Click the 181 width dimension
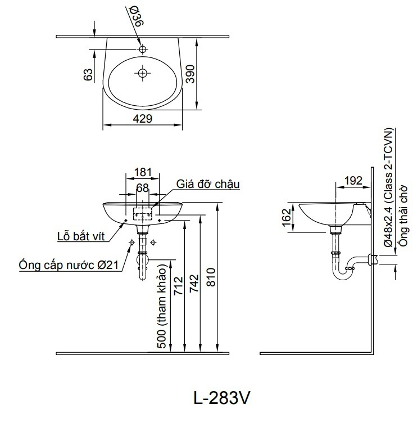click(143, 172)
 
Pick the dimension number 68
click(142, 187)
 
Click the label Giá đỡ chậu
click(208, 184)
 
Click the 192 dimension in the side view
click(352, 181)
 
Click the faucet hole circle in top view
click(143, 49)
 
